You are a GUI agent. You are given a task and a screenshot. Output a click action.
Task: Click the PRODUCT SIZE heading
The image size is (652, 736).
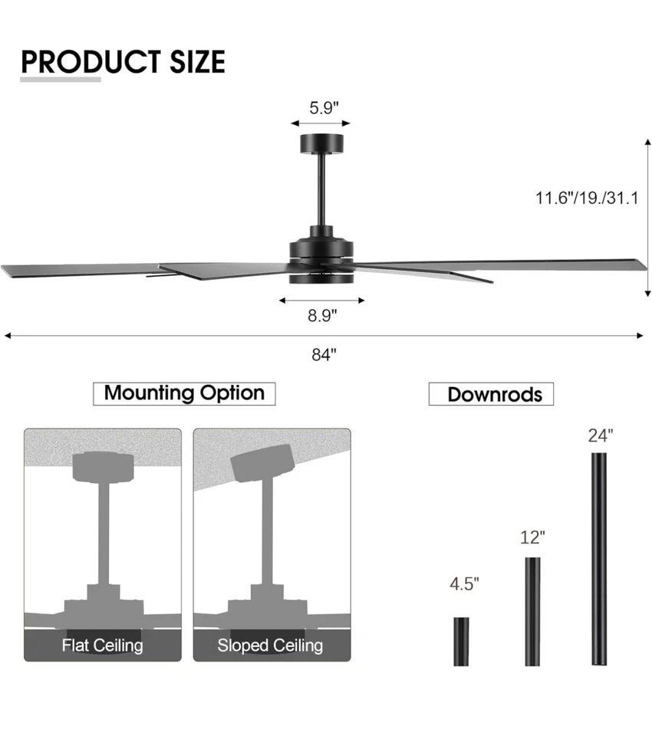(x=123, y=61)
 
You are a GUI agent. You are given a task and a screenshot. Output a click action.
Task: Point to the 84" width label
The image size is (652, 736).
(x=324, y=355)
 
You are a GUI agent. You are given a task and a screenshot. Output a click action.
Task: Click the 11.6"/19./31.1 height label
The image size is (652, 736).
(x=586, y=199)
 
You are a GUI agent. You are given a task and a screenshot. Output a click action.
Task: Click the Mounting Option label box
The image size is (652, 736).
(x=184, y=393)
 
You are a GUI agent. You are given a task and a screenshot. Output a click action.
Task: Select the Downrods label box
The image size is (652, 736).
(x=491, y=394)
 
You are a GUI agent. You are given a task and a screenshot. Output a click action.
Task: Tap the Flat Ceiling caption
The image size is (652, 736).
(x=102, y=645)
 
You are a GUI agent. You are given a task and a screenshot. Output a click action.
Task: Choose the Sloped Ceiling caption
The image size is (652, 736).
(x=270, y=645)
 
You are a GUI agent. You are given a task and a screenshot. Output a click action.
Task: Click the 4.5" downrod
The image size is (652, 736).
(x=461, y=641)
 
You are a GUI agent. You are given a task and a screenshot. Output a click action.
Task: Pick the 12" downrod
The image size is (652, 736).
(x=532, y=611)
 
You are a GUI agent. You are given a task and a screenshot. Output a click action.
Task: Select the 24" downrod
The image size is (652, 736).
(x=599, y=559)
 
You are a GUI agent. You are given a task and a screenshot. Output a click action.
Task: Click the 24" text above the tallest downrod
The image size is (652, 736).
(x=601, y=435)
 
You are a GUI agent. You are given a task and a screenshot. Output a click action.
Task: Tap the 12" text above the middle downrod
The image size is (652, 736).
(x=532, y=537)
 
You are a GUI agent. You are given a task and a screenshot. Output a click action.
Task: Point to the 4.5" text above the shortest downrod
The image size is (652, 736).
(x=464, y=584)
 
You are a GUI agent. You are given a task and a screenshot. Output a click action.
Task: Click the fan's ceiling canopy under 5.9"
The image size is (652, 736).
(x=321, y=143)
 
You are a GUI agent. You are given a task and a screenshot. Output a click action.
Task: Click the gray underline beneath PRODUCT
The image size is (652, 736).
(x=61, y=78)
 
